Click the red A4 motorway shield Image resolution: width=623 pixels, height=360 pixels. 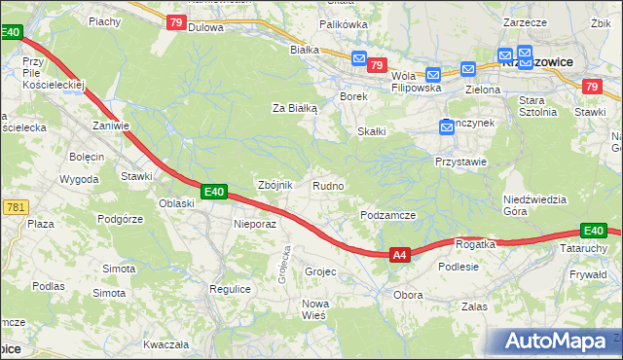pos(399,255)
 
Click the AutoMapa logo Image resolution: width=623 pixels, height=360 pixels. pos(556,342)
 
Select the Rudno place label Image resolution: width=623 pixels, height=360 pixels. pos(328,185)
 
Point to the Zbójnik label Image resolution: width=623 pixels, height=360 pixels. pos(274,185)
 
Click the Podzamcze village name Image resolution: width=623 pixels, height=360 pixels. pos(388,215)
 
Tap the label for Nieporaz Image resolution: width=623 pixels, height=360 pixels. pos(256,224)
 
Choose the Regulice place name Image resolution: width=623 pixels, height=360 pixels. pos(231,289)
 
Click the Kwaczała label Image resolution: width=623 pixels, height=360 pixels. pos(165,344)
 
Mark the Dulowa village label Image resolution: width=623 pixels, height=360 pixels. pos(205,27)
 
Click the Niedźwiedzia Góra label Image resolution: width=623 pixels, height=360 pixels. pos(534,205)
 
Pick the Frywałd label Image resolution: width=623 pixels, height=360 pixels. pos(588,275)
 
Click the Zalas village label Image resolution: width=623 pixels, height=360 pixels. pos(474,306)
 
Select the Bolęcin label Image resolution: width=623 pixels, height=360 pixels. pos(87,156)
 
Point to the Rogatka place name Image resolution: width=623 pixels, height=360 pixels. pos(476,244)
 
